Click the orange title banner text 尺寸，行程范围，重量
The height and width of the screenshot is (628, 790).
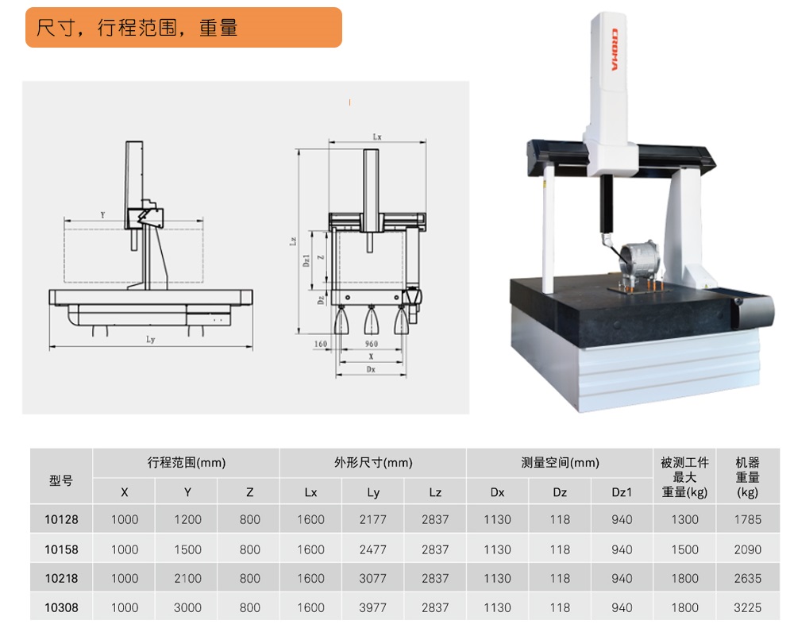137,29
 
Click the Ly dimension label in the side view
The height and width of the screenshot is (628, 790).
151,340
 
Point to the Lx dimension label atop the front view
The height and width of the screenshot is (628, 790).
377,137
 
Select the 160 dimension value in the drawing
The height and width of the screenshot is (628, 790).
320,344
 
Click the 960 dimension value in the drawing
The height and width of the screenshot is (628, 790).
371,344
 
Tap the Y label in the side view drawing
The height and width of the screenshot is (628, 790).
102,215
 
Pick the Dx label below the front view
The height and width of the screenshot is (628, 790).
371,369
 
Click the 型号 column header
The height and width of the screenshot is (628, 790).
61,480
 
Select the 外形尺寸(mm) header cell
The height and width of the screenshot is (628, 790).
372,463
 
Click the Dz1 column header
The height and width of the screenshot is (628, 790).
622,492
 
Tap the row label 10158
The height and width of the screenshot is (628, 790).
61,549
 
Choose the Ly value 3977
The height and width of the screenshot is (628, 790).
372,607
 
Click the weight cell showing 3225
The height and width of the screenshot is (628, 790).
747,607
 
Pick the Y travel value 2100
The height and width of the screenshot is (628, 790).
187,578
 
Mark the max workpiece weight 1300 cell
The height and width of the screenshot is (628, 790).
684,519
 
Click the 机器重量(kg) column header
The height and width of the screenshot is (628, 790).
747,476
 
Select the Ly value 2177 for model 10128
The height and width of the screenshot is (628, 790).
372,519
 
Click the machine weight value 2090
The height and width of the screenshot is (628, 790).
747,549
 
